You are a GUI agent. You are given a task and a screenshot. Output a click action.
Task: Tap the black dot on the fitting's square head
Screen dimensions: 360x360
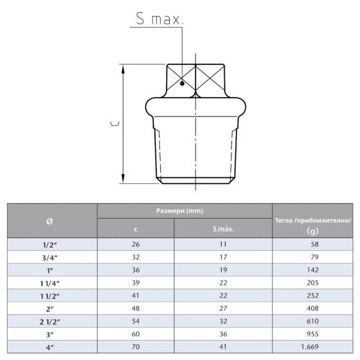[183, 82]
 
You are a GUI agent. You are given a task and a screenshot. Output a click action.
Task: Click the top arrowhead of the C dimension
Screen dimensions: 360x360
[122, 66]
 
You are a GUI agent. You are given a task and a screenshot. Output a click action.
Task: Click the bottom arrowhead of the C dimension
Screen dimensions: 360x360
[122, 181]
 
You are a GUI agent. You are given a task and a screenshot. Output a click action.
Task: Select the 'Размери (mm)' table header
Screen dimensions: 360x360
[184, 211]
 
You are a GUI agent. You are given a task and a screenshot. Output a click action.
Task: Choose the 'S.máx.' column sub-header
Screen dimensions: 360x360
[222, 228]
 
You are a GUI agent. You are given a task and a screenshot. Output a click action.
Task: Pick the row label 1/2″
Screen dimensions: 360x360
[51, 245]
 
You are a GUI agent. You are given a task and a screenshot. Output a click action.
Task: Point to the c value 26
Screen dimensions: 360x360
[136, 245]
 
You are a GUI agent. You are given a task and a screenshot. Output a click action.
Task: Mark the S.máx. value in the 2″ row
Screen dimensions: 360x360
[222, 309]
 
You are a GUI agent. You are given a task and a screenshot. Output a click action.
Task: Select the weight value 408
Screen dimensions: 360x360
[313, 309]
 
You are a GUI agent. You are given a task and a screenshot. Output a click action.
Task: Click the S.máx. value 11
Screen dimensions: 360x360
[222, 245]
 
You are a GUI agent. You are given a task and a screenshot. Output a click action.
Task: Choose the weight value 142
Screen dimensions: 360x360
[313, 271]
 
